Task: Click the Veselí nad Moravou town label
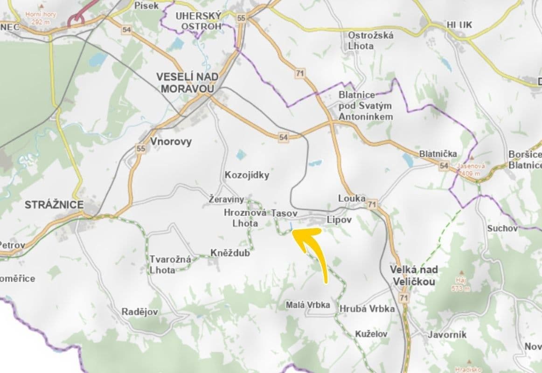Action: pyautogui.click(x=185, y=83)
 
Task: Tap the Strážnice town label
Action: pyautogui.click(x=54, y=205)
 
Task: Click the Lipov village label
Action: pyautogui.click(x=338, y=219)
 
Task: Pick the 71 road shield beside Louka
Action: pyautogui.click(x=372, y=205)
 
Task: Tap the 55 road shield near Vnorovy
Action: pyautogui.click(x=141, y=149)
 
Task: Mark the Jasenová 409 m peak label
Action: pyautogui.click(x=471, y=169)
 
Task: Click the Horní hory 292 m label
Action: pyautogui.click(x=41, y=18)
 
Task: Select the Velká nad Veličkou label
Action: pyautogui.click(x=414, y=276)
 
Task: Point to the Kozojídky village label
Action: pyautogui.click(x=247, y=175)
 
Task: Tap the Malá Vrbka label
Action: pyautogui.click(x=308, y=305)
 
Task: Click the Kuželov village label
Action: pyautogui.click(x=371, y=334)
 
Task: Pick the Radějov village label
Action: pyautogui.click(x=139, y=312)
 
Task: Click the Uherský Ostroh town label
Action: pyautogui.click(x=198, y=21)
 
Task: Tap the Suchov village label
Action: pyautogui.click(x=502, y=228)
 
